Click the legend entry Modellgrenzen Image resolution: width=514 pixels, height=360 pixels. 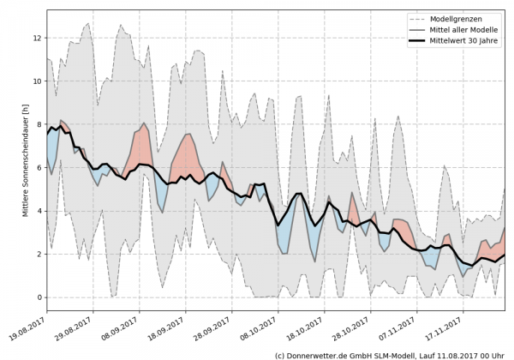coord(455,18)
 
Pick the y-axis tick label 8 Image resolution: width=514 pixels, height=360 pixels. coord(38,124)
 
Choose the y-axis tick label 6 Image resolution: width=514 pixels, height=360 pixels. coord(38,168)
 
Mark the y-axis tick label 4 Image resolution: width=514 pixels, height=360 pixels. coord(38,211)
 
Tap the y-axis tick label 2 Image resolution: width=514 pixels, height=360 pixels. coord(38,255)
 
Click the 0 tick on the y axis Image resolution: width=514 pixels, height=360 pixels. coord(38,297)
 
